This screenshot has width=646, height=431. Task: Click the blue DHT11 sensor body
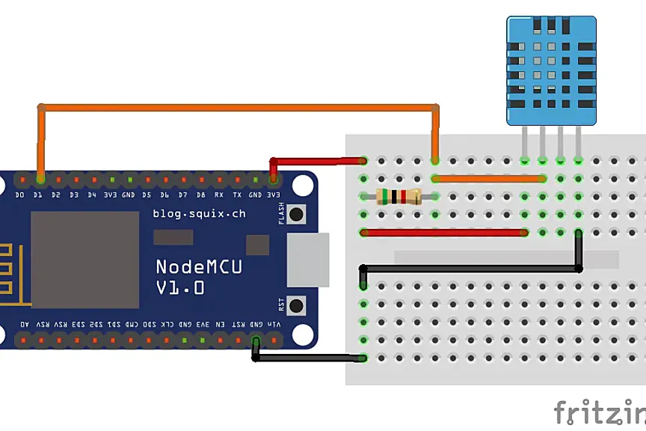552,71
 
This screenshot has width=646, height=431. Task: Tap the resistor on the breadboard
399,197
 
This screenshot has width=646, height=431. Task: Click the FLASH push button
296,214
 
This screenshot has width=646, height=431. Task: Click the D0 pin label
20,194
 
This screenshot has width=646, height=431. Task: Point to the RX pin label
219,194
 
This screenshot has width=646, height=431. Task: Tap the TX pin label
237,194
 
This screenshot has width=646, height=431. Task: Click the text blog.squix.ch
199,213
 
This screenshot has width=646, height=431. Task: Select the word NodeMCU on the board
198,267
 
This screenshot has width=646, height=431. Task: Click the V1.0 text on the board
180,288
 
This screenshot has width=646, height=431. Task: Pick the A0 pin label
25,325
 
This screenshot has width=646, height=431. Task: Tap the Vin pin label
274,325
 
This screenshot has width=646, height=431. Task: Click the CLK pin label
166,325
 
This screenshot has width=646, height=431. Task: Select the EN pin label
220,325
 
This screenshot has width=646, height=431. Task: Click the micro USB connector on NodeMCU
307,260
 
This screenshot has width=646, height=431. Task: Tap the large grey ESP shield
84,259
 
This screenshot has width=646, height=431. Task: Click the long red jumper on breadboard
444,233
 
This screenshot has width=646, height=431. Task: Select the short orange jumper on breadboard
489,179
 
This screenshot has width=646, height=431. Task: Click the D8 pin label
201,194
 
